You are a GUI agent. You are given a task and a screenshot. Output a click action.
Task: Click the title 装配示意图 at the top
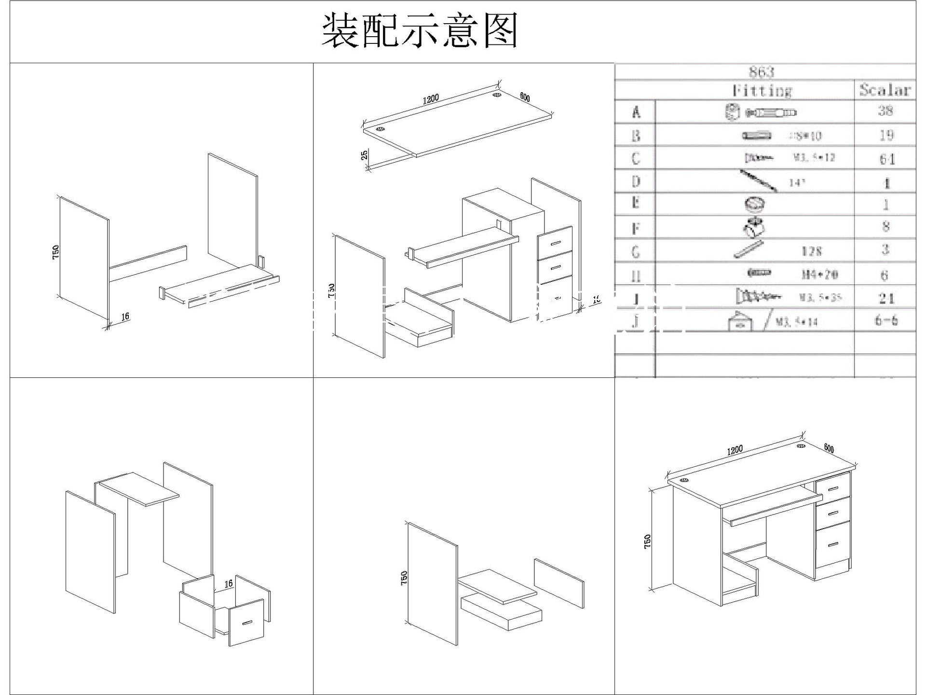(x=420, y=31)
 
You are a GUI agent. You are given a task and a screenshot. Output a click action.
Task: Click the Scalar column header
(x=885, y=90)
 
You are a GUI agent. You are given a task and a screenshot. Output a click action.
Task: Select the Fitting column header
(x=762, y=90)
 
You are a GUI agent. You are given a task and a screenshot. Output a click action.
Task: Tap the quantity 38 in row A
(x=885, y=111)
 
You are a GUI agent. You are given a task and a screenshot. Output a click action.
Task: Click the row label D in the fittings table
(x=636, y=181)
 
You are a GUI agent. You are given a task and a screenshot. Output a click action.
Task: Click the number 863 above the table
(x=762, y=72)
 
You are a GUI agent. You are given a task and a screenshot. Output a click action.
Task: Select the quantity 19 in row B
(x=886, y=135)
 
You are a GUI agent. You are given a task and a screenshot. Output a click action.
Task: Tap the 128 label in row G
(x=811, y=251)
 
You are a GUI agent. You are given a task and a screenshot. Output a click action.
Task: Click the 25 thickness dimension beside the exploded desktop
(x=365, y=155)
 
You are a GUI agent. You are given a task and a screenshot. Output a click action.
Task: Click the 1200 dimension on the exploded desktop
(x=431, y=99)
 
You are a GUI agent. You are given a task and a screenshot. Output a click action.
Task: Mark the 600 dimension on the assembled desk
(x=829, y=448)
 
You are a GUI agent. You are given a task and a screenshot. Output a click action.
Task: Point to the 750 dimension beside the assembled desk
(x=648, y=541)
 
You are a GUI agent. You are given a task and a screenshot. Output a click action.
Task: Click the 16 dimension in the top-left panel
(x=125, y=317)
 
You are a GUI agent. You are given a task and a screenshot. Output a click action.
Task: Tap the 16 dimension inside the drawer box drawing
(x=229, y=584)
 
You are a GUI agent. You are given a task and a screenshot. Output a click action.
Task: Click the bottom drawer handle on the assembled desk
(x=833, y=544)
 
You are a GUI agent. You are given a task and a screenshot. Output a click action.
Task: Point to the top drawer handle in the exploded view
(x=556, y=242)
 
